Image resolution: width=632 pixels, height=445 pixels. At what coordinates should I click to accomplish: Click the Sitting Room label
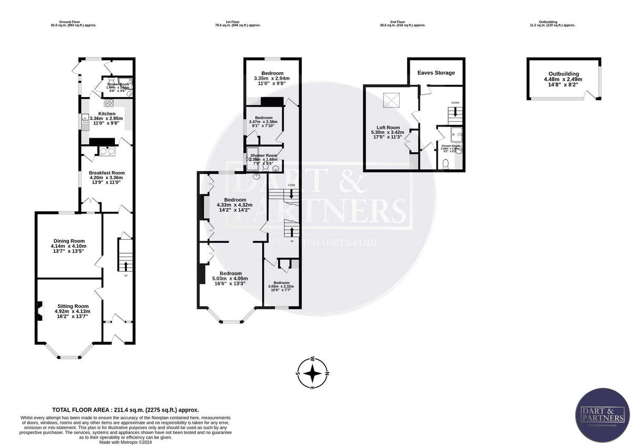[x=73, y=306]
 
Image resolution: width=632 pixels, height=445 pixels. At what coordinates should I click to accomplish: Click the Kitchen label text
[x=106, y=113]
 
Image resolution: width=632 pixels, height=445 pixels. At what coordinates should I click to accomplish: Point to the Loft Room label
[x=388, y=127]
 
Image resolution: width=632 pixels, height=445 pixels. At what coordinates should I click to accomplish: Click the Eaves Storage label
[x=436, y=73]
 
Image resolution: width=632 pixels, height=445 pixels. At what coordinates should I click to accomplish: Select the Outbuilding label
[x=564, y=74]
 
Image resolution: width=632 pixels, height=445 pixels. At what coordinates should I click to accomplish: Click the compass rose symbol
[x=313, y=374]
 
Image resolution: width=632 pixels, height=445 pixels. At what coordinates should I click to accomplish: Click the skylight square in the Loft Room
[x=390, y=100]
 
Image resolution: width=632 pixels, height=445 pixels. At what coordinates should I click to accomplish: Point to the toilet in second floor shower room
[x=446, y=163]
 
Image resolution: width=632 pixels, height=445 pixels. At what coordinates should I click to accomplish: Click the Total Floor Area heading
[x=125, y=410]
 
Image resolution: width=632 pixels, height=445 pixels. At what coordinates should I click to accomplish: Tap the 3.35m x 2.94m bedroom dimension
[x=272, y=79]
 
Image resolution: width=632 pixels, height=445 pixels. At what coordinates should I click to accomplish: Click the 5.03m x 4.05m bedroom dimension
[x=230, y=278]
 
